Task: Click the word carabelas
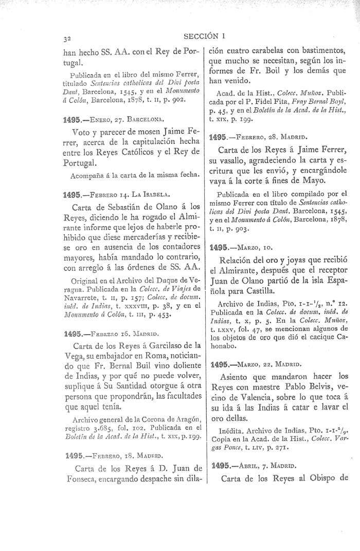click(x=274, y=50)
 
